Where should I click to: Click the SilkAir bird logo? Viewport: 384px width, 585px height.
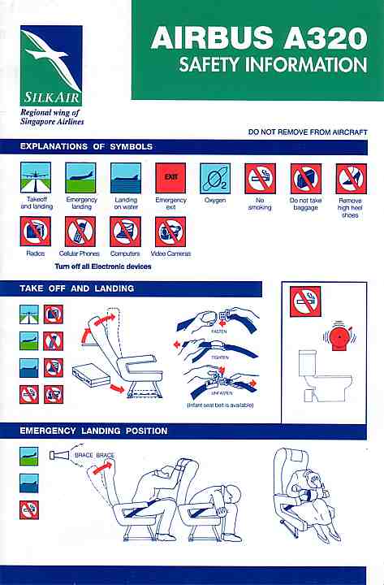click(x=51, y=65)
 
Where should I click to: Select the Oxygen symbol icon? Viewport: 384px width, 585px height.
click(x=215, y=178)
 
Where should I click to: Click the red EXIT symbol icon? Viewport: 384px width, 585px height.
click(x=170, y=178)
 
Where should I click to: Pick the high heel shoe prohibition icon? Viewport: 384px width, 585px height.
click(x=351, y=179)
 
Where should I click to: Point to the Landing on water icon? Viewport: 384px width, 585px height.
click(x=126, y=178)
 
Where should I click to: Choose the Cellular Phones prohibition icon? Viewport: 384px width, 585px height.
click(x=80, y=232)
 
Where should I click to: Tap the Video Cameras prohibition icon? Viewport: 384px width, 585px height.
click(x=170, y=232)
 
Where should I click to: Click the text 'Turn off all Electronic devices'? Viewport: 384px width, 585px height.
click(x=103, y=266)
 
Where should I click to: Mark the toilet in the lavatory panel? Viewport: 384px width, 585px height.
click(x=325, y=376)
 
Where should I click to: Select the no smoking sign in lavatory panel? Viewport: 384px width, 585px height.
click(x=305, y=301)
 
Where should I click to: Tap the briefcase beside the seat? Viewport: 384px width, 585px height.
click(x=91, y=375)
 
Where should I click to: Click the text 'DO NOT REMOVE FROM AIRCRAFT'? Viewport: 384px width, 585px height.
click(x=308, y=132)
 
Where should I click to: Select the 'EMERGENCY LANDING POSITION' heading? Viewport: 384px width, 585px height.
click(x=93, y=431)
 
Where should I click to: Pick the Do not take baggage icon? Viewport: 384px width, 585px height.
click(x=306, y=179)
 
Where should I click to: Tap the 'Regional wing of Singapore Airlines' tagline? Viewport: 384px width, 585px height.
click(x=52, y=117)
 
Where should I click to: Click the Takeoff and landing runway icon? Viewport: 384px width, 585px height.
click(x=36, y=178)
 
